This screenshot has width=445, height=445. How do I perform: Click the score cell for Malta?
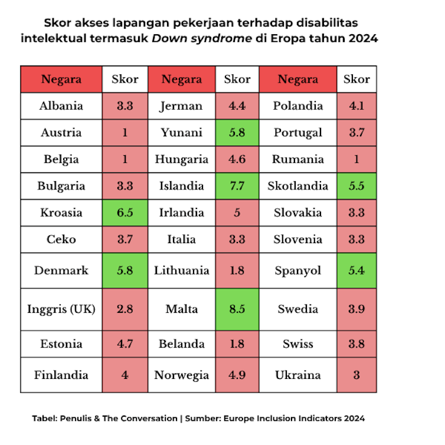click(237, 309)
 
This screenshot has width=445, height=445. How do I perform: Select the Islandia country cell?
click(181, 186)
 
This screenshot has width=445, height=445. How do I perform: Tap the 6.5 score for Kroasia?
click(125, 212)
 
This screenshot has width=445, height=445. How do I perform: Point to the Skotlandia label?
click(297, 186)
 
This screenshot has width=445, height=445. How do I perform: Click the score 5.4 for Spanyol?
click(356, 270)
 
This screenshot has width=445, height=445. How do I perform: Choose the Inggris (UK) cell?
click(61, 309)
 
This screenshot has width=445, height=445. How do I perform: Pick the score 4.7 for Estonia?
click(125, 343)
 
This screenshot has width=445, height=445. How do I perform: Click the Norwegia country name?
click(181, 375)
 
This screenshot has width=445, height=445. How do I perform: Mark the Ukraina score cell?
click(356, 375)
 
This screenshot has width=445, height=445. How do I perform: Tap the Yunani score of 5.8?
click(237, 133)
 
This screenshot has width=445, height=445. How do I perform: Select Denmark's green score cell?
click(125, 270)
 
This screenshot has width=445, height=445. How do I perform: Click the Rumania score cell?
click(356, 159)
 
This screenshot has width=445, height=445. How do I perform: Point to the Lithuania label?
click(181, 270)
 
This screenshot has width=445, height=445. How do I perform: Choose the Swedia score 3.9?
click(356, 309)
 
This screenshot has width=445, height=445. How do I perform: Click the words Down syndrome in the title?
click(205, 38)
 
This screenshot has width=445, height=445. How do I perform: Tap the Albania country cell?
click(61, 106)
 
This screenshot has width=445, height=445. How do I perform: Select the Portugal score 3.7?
click(356, 133)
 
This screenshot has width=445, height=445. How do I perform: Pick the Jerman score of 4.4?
click(237, 106)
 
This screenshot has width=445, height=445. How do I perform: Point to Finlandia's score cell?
click(125, 375)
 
